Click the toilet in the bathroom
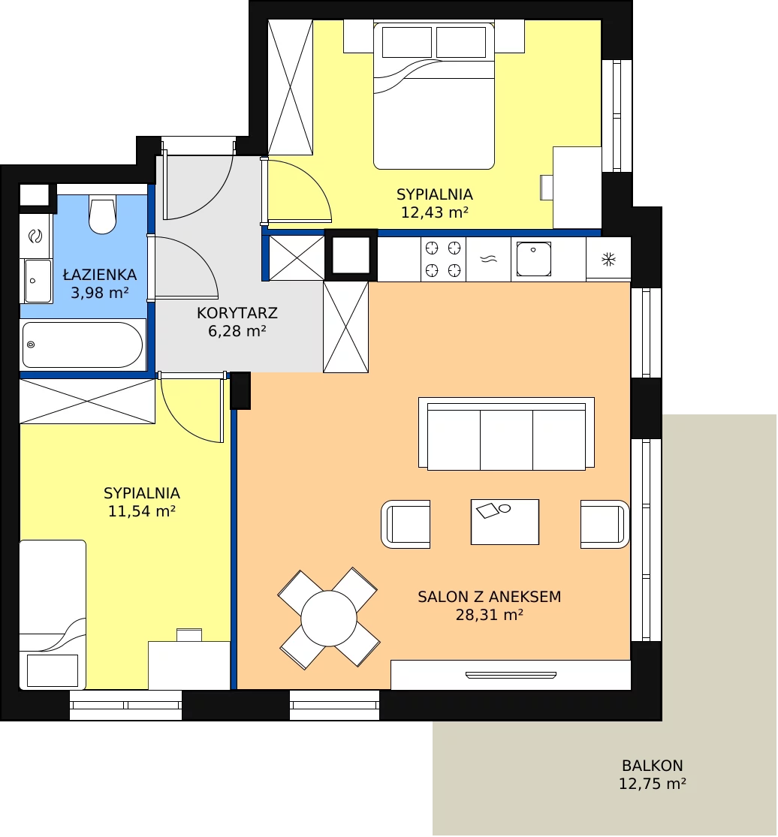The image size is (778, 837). [x=103, y=214]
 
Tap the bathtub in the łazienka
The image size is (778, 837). [x=83, y=345]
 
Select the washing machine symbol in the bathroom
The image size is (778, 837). [x=35, y=236]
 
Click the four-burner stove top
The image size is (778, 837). [x=442, y=260]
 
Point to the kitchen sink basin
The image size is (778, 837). [x=533, y=259]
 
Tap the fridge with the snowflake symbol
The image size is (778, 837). [x=608, y=260]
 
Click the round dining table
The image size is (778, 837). [x=328, y=618]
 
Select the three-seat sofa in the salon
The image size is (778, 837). [x=506, y=434]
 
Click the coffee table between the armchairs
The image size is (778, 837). [x=505, y=522]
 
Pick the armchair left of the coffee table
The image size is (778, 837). [x=406, y=524]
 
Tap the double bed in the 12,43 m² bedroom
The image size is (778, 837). [x=433, y=95]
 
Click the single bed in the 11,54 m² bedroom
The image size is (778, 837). [x=53, y=614]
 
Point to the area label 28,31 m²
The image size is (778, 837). [x=489, y=615]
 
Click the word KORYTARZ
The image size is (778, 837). [x=237, y=313]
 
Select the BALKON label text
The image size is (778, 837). [x=652, y=766]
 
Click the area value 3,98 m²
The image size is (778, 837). [x=100, y=293]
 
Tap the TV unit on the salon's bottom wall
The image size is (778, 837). [x=511, y=676]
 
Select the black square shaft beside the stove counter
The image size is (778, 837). [x=351, y=255]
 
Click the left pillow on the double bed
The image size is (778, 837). [x=407, y=42]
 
